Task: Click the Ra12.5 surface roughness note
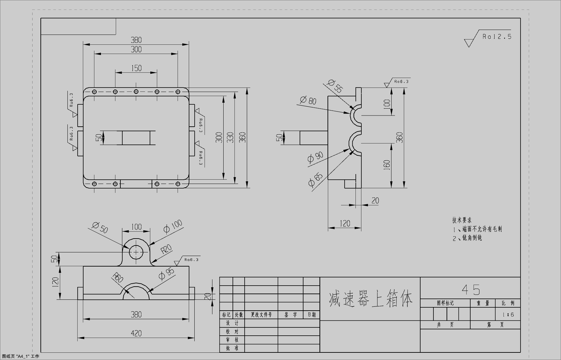(497, 37)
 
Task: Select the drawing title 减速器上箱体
(370, 299)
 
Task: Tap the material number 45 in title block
(471, 290)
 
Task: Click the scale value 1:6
(508, 315)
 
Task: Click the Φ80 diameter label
(308, 100)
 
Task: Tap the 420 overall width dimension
(136, 333)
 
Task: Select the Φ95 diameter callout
(166, 273)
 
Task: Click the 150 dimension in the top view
(136, 68)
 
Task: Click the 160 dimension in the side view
(387, 165)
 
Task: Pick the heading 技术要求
(462, 220)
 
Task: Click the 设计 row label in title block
(232, 323)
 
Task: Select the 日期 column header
(311, 315)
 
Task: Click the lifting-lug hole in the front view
(136, 252)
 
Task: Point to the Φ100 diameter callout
(173, 226)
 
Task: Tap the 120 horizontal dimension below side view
(345, 223)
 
